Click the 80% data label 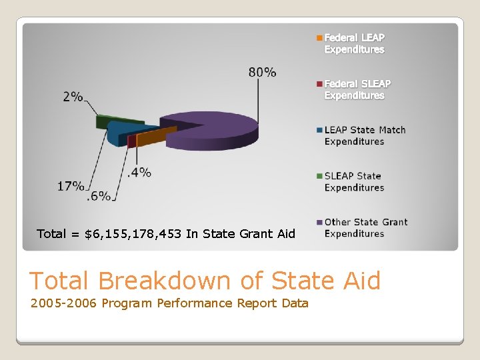click(x=262, y=72)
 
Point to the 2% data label click(x=73, y=97)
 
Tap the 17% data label click(x=71, y=186)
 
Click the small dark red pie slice click(x=132, y=141)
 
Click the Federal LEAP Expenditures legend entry click(x=353, y=43)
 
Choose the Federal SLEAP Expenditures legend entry click(x=357, y=89)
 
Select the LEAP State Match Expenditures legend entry click(x=364, y=135)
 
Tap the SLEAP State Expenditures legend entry click(x=353, y=181)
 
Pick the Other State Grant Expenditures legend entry click(x=365, y=227)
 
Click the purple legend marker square click(x=319, y=223)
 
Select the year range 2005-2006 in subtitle click(x=64, y=303)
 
